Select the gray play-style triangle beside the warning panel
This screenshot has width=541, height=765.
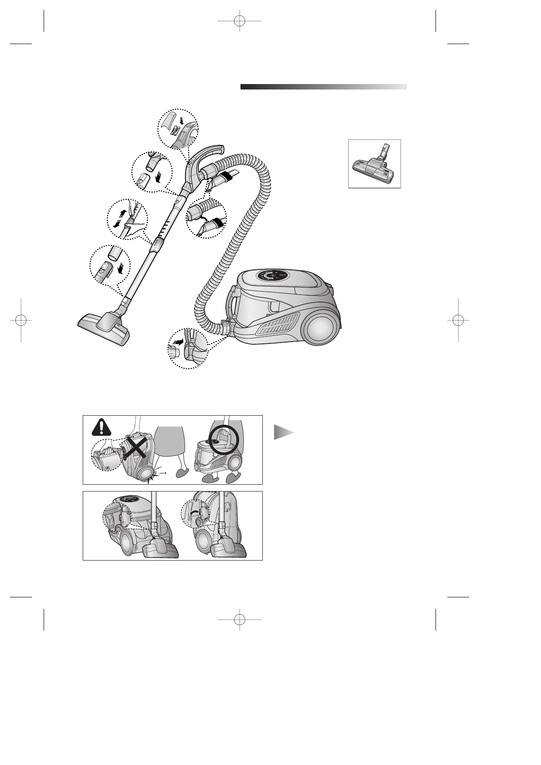pyautogui.click(x=283, y=432)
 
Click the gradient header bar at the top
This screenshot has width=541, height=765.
pyautogui.click(x=323, y=87)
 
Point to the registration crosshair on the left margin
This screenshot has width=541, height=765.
pyautogui.click(x=21, y=320)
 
